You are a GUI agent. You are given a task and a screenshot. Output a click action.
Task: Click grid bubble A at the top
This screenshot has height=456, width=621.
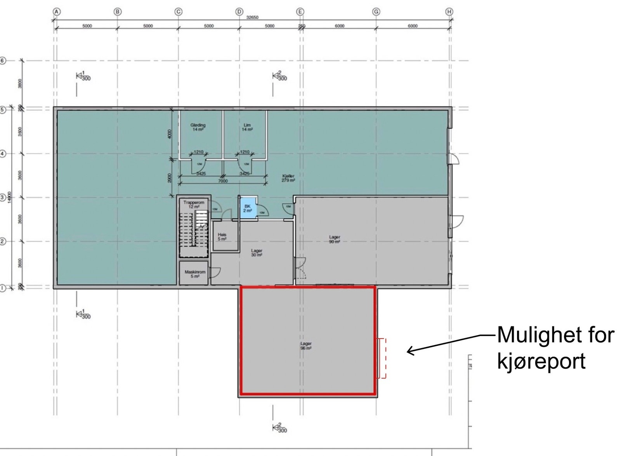click(x=57, y=12)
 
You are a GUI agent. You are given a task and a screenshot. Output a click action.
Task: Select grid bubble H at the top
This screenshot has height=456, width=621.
click(x=449, y=12)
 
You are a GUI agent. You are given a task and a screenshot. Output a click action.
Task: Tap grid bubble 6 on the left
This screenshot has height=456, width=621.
click(x=3, y=61)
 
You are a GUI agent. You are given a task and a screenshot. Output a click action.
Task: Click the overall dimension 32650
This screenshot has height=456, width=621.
click(x=252, y=17)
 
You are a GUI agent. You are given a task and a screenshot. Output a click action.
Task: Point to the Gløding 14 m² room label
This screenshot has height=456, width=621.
click(x=198, y=127)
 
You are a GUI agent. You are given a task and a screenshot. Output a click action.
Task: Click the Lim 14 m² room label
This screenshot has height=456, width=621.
click(x=247, y=127)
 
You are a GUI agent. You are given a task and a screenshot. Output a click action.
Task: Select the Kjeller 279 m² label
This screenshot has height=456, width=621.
click(x=288, y=178)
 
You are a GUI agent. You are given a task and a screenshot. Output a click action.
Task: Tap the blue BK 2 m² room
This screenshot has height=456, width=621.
click(x=248, y=208)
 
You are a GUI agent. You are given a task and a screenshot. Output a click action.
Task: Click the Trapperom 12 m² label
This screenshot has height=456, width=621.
click(x=194, y=205)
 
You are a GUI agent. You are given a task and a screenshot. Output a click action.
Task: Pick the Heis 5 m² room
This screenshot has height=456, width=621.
click(x=222, y=237)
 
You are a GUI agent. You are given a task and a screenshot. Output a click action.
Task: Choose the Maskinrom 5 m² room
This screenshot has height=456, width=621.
click(x=195, y=274)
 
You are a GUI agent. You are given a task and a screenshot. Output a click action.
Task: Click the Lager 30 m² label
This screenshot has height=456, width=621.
click(x=257, y=253)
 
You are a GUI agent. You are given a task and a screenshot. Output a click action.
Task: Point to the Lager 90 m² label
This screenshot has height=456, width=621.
click(x=335, y=239)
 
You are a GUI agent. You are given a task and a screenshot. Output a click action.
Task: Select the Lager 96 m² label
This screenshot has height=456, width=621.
click(x=306, y=346)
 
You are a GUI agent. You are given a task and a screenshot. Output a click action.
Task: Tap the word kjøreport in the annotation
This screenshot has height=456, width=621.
click(x=541, y=361)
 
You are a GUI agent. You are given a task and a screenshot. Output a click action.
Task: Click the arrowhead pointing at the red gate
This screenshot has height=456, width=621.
click(x=409, y=351)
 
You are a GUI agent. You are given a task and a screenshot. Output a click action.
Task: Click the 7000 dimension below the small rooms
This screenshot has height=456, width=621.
click(x=223, y=181)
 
